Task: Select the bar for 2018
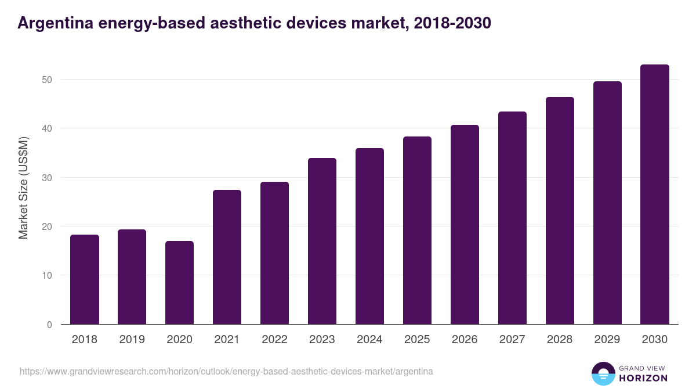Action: tap(85, 279)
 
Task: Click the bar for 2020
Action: tap(179, 283)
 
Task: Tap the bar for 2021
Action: tap(227, 257)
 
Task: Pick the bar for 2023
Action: tap(322, 241)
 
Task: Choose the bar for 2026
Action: tap(465, 225)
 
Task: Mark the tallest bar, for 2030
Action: tap(655, 195)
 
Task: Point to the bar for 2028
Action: tap(560, 211)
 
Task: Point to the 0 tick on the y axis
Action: tap(49, 325)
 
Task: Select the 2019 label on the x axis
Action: tap(132, 340)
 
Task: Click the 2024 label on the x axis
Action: tap(369, 340)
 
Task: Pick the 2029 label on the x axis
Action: tap(607, 340)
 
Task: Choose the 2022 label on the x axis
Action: tap(274, 340)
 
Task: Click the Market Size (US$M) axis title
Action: tap(23, 188)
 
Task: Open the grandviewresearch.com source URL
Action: tap(226, 371)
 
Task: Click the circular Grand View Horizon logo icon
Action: tap(603, 373)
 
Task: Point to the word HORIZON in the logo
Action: tap(643, 378)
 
